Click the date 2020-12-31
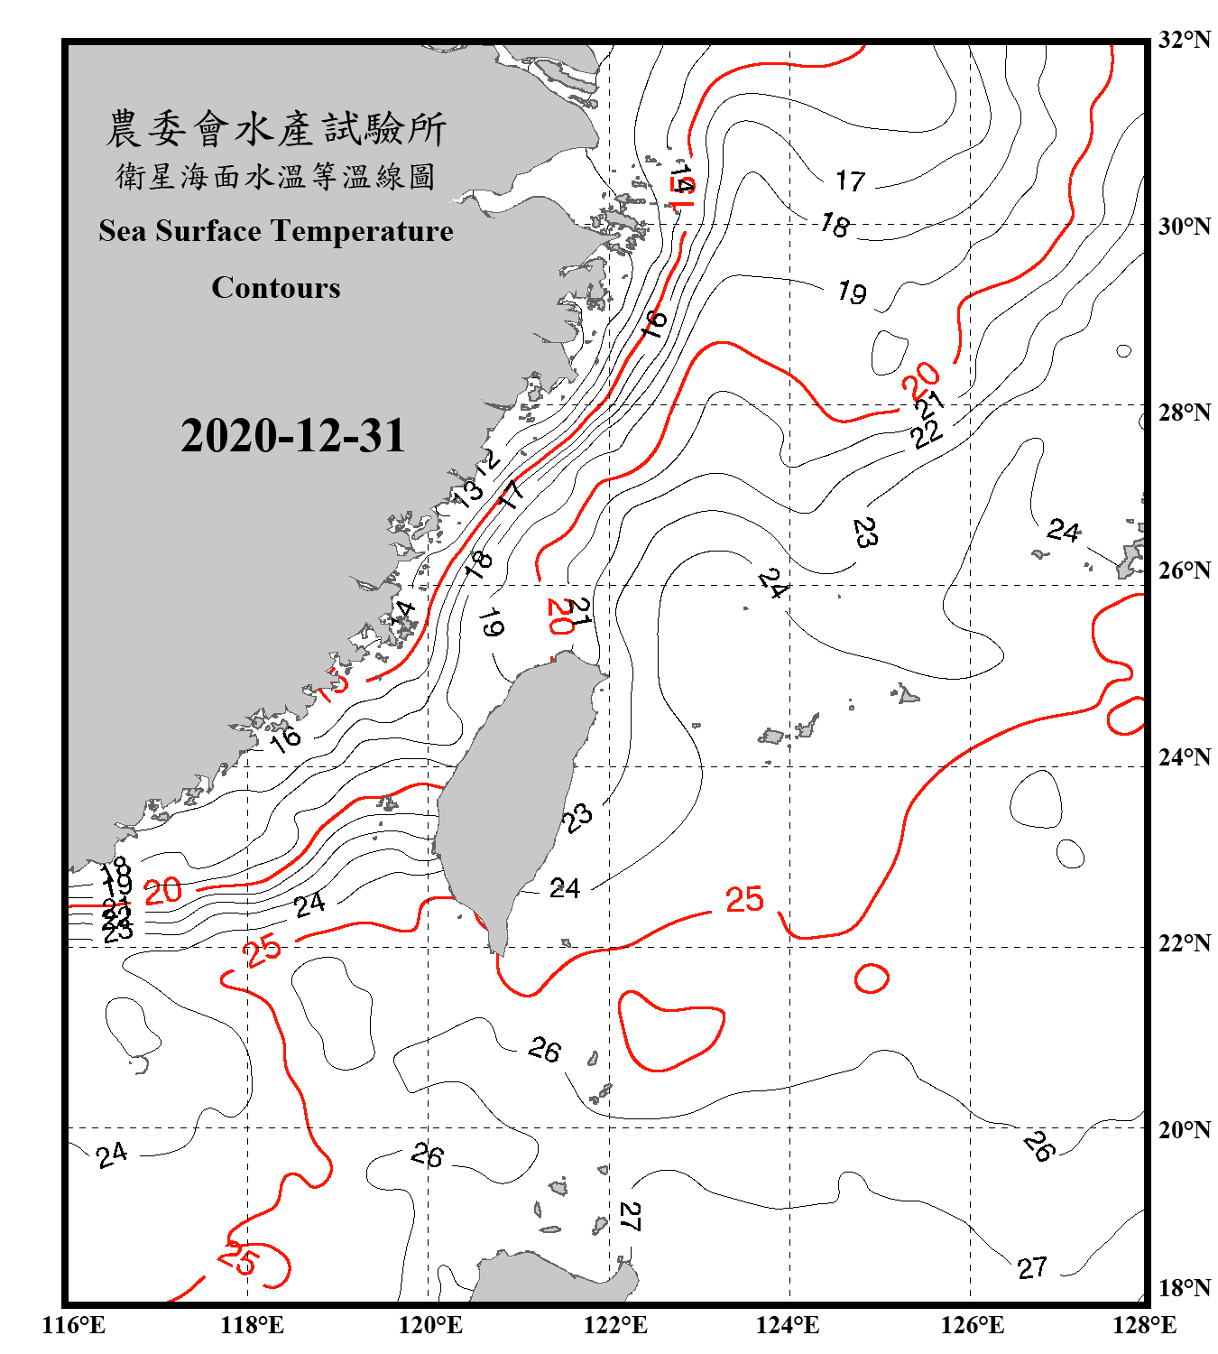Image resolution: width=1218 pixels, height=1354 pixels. (293, 436)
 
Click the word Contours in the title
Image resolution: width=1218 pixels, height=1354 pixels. (276, 288)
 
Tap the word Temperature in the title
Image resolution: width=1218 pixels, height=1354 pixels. (362, 231)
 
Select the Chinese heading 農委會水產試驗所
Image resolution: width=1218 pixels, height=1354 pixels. (276, 129)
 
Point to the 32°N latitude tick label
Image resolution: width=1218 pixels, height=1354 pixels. (1184, 40)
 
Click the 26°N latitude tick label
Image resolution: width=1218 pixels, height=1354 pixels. (1184, 570)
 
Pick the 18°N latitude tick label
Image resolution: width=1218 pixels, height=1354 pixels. (1184, 1288)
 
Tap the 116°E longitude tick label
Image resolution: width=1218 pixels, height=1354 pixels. (74, 1325)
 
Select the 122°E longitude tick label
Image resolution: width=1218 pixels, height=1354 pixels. (615, 1325)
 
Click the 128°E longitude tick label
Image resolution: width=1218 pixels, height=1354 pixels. (1144, 1325)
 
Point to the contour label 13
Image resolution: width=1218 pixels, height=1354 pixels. (468, 493)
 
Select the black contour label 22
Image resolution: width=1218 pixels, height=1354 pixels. (927, 434)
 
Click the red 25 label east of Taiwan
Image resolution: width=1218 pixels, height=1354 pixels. (744, 899)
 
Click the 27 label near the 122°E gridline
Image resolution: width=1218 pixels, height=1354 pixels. (630, 1217)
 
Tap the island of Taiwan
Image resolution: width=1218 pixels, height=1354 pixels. (514, 794)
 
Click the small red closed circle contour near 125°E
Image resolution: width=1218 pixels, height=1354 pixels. (872, 978)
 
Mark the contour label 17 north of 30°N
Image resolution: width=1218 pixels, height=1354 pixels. (850, 181)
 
